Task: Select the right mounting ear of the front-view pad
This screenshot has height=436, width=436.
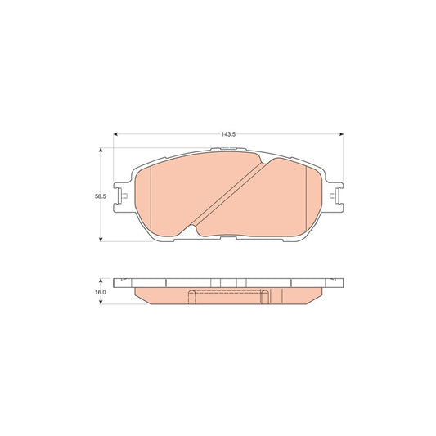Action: [x=336, y=196]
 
